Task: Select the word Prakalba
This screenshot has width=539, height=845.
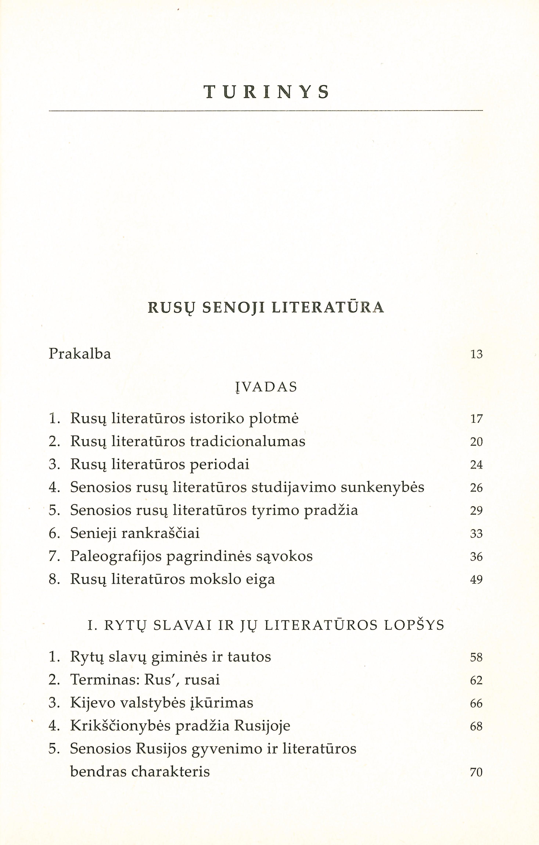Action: click(x=80, y=354)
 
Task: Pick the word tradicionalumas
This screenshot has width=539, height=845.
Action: click(x=247, y=441)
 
